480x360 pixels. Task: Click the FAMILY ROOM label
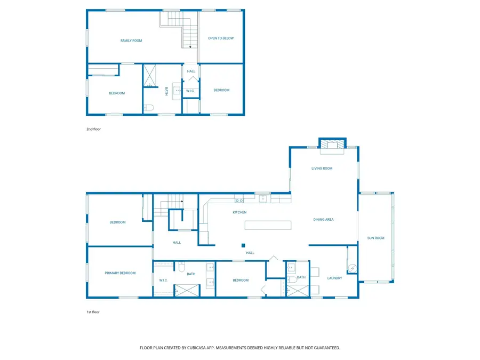[131, 41]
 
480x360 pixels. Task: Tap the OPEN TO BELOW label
[221, 38]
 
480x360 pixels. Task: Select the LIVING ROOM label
[322, 169]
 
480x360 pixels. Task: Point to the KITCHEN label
[239, 212]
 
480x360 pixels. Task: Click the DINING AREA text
[323, 219]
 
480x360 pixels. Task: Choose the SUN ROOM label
[375, 238]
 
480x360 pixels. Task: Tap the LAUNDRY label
[334, 278]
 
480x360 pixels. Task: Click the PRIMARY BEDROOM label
[120, 273]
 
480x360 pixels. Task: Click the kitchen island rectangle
[268, 225]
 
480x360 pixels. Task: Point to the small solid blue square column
[243, 245]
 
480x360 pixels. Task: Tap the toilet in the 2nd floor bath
[149, 108]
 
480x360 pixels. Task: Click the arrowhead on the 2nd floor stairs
[189, 46]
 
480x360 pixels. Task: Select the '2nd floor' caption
[93, 129]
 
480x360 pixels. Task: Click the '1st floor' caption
[93, 312]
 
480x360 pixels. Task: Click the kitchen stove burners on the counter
[239, 201]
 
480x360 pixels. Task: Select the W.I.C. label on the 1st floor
[163, 280]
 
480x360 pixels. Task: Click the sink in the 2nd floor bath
[178, 91]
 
